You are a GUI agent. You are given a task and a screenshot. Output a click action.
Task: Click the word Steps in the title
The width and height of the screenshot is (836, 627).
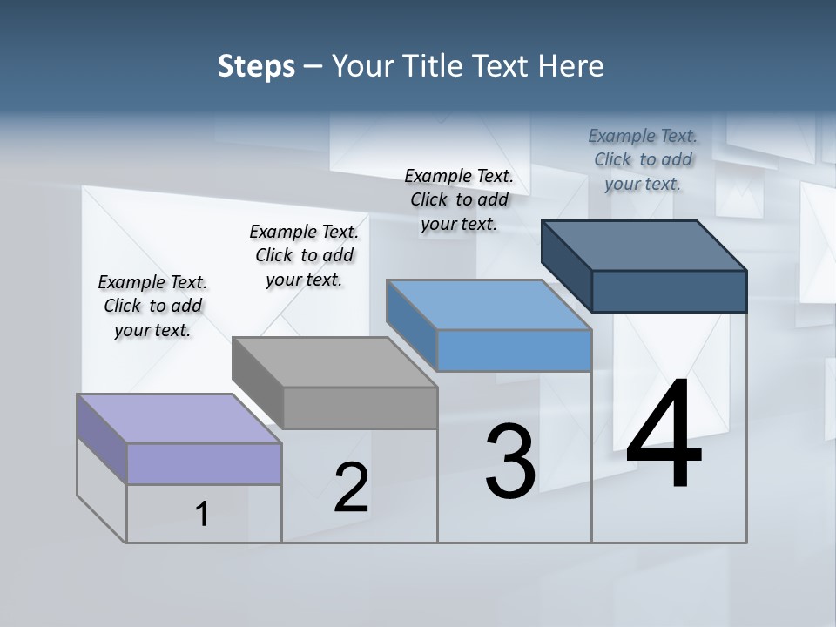(256, 66)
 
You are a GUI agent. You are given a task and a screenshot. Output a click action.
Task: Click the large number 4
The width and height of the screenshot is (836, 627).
(664, 435)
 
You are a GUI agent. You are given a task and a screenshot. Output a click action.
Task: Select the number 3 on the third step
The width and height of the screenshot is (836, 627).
(510, 462)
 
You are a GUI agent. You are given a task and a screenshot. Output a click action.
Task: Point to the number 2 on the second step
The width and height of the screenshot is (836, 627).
(351, 488)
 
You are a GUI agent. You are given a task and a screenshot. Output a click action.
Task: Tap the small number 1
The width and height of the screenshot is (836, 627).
(202, 515)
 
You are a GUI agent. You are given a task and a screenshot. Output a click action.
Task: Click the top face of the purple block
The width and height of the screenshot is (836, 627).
(179, 418)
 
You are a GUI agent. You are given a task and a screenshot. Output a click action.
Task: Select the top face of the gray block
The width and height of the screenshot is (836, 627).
(334, 361)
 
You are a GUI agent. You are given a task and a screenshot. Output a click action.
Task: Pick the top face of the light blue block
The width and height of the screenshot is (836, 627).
(489, 305)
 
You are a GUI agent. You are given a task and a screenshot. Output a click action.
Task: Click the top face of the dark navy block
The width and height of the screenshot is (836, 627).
(644, 246)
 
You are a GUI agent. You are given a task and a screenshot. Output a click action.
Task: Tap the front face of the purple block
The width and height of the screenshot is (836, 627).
(204, 463)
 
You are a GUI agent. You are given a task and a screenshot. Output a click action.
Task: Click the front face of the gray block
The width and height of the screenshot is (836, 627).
(360, 408)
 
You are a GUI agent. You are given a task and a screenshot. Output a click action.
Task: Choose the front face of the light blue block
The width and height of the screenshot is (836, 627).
(514, 350)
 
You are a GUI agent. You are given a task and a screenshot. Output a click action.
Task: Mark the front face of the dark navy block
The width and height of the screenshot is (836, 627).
(669, 291)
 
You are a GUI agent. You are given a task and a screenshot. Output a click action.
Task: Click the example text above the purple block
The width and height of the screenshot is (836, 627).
(152, 306)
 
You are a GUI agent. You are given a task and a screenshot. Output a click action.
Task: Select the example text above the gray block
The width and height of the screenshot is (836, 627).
(304, 255)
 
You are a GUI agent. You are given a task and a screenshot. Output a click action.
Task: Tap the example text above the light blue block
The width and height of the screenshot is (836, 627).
(459, 199)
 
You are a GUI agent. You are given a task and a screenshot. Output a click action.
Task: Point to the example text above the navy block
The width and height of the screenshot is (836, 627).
(643, 159)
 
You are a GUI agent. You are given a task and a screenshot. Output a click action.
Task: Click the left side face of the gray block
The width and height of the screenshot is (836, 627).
(258, 383)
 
